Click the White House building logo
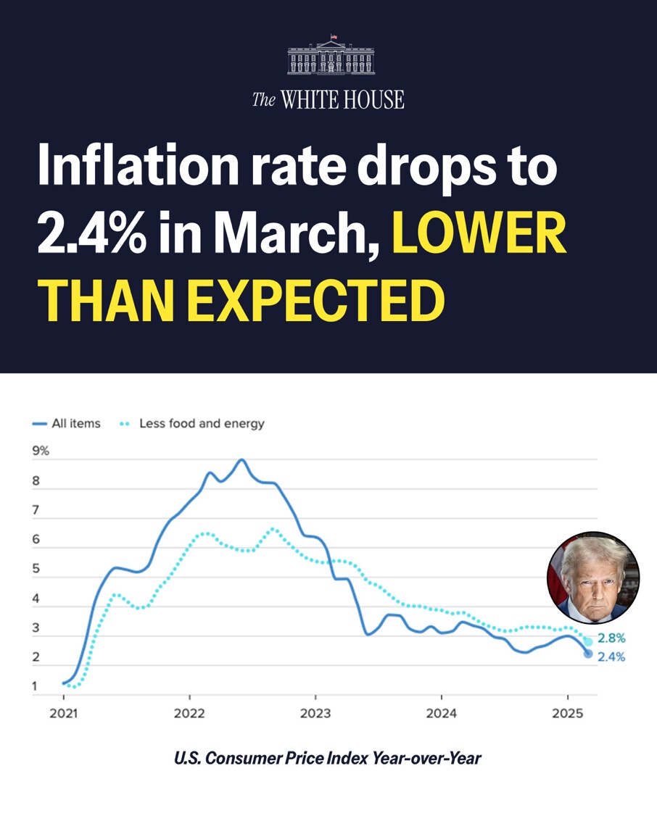(331, 56)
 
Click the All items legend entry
(67, 423)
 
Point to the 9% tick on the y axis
(41, 451)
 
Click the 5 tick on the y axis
(36, 570)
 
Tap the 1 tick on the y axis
(36, 686)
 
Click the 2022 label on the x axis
(189, 713)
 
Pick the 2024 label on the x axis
(442, 713)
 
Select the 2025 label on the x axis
(568, 713)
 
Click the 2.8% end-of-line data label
(611, 638)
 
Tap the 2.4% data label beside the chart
(611, 657)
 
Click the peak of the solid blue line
(241, 460)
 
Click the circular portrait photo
(593, 578)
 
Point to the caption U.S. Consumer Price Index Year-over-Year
(328, 759)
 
